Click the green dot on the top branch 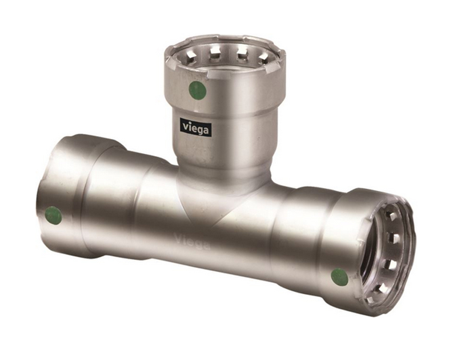198,90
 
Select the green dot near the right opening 339,277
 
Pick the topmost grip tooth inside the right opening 389,215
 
